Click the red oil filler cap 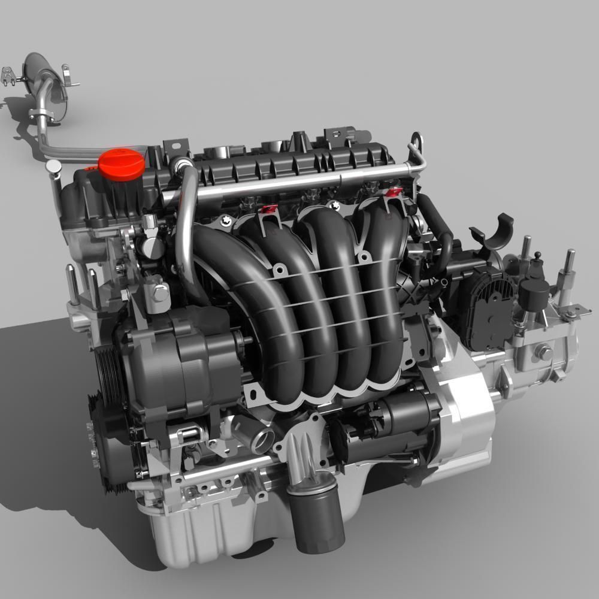[x=120, y=164]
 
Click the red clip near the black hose [x=394, y=192]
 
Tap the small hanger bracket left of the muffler [x=10, y=75]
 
